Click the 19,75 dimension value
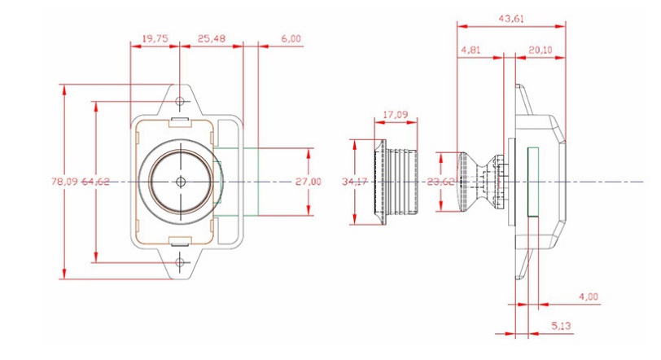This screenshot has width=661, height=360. (155, 38)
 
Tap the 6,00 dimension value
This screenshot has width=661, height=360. (291, 38)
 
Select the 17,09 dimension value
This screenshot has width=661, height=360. (395, 116)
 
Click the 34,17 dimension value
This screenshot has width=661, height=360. (356, 181)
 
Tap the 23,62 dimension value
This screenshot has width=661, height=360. (440, 182)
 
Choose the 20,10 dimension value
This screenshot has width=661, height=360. (541, 50)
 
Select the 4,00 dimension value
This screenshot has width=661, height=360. (588, 296)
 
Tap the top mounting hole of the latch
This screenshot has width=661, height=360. (181, 102)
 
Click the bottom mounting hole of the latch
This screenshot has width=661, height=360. (181, 261)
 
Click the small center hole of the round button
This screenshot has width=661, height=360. (181, 182)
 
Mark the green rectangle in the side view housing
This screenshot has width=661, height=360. (536, 182)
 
